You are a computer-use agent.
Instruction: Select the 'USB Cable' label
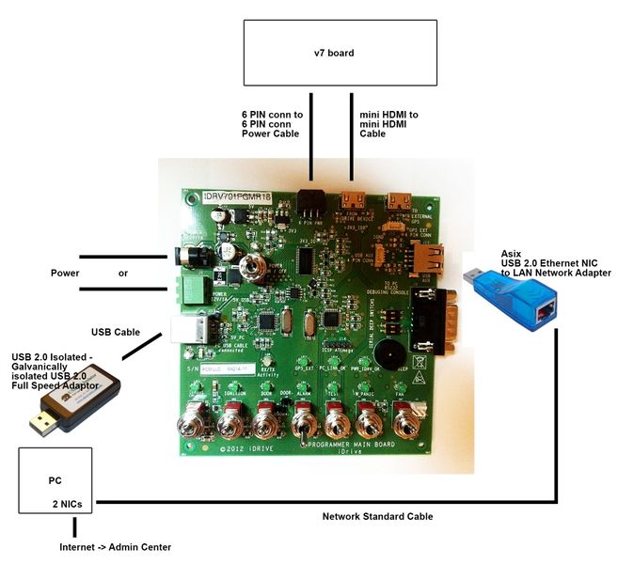(x=114, y=331)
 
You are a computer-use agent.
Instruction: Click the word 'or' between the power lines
(x=123, y=274)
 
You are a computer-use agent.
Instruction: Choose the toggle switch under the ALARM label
(x=303, y=419)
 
